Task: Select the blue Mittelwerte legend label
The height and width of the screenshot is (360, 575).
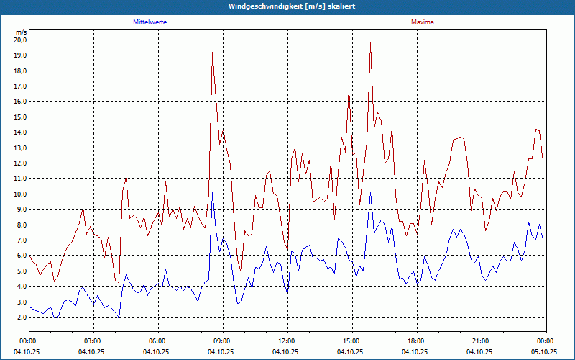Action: point(156,22)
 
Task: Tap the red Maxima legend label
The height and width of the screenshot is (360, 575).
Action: point(422,22)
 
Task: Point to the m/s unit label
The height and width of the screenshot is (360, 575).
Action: point(21,32)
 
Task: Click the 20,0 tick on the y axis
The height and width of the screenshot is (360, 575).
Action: point(20,40)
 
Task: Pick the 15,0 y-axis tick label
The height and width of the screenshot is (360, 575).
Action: point(20,117)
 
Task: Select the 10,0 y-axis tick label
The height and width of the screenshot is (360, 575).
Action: point(20,194)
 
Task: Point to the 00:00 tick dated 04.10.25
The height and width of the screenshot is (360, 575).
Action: point(28,341)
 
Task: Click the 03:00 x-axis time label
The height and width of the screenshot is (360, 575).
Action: point(93,341)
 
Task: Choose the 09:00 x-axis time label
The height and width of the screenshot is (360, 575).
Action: point(222,341)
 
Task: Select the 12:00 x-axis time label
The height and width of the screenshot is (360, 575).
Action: point(287,341)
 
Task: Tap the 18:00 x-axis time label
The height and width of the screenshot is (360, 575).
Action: point(416,341)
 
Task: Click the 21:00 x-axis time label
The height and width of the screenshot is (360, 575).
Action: point(481,341)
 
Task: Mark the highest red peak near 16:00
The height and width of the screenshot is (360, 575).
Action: point(371,44)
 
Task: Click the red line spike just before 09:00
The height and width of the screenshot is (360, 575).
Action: point(212,55)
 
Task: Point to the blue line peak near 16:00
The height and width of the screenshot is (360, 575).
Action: point(370,193)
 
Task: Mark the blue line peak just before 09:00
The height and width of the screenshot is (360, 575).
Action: point(212,194)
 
